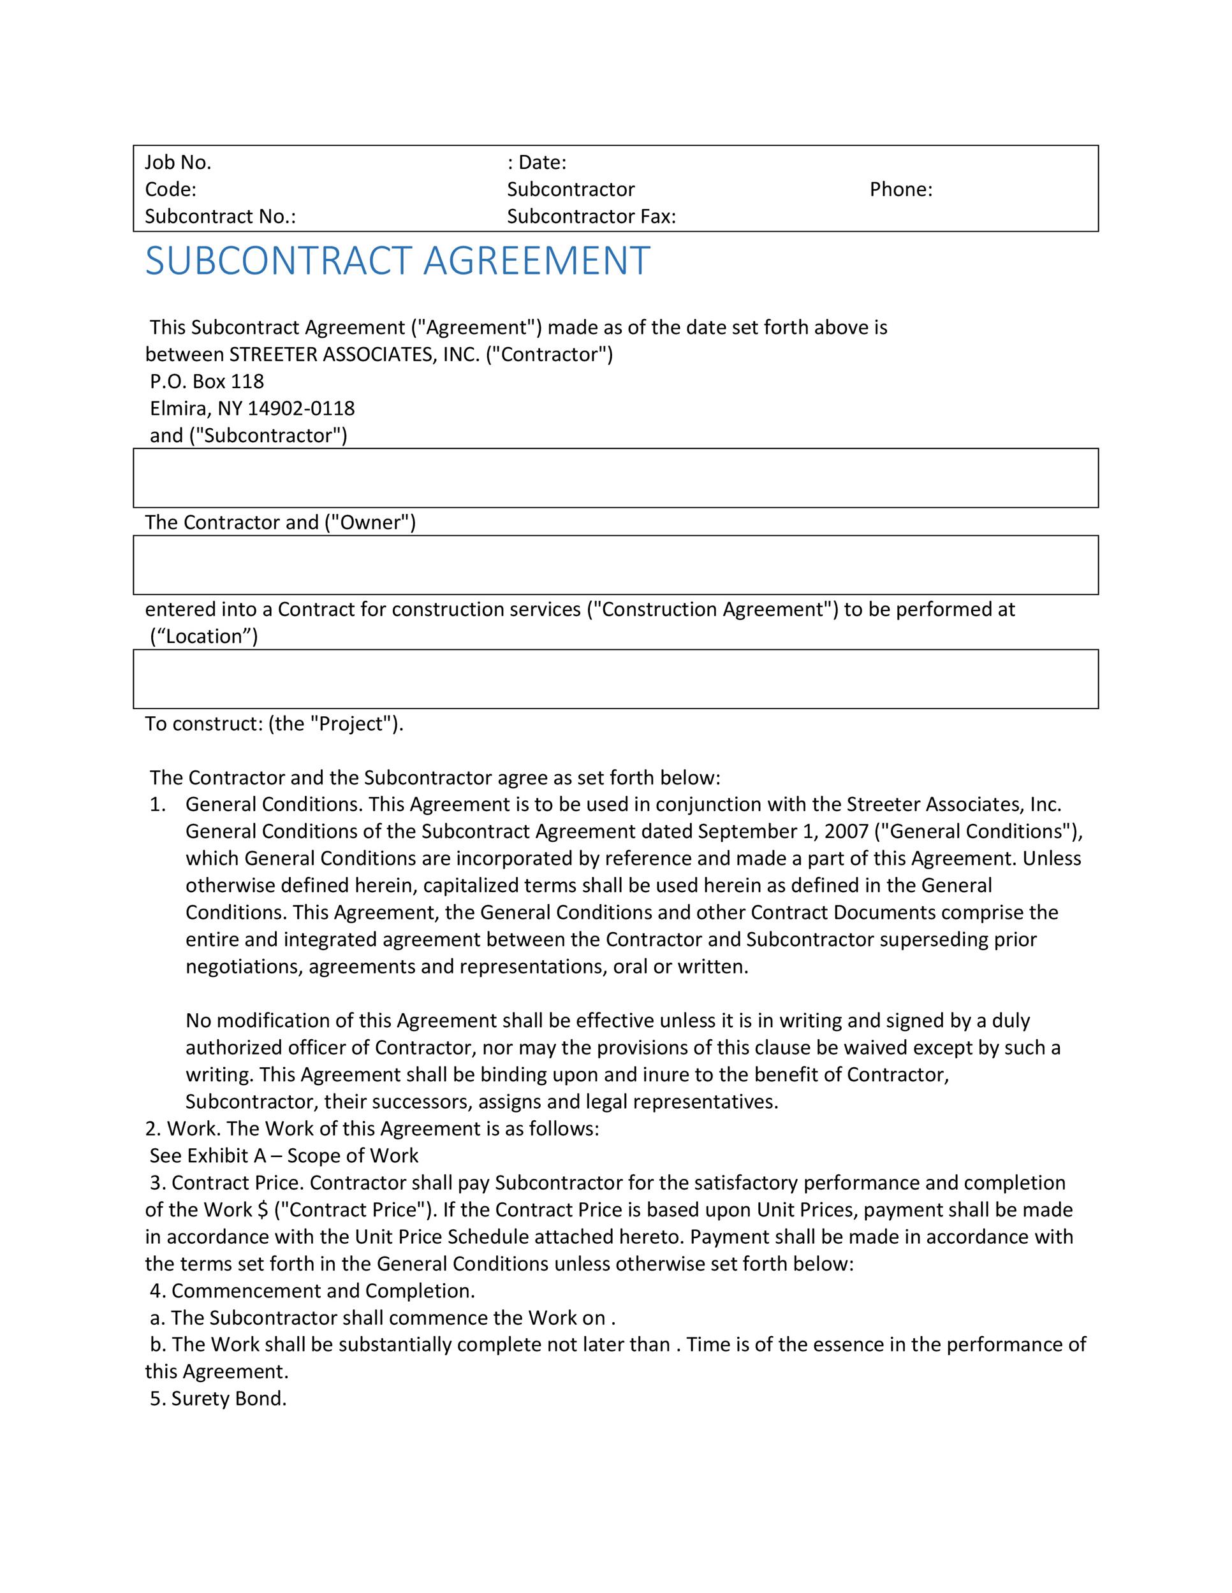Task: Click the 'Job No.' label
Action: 177,162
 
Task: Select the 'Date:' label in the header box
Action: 541,162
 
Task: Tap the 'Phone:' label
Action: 900,190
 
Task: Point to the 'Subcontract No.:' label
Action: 220,217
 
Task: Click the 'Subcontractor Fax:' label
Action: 591,217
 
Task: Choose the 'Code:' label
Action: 171,190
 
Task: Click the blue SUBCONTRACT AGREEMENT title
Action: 397,261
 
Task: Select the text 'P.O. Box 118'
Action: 207,382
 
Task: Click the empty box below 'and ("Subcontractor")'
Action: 615,478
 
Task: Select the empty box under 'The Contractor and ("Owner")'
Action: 615,565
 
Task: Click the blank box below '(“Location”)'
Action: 615,679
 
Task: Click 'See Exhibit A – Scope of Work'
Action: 284,1156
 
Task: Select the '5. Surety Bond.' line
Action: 217,1399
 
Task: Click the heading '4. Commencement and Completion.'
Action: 312,1291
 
